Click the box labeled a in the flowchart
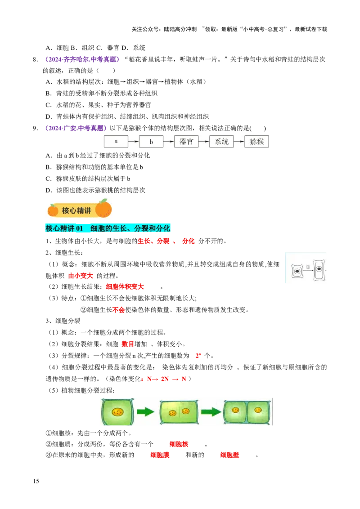point(116,141)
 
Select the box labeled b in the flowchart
point(151,141)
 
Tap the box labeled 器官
point(186,141)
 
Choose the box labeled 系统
point(221,141)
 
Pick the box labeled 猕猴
point(257,141)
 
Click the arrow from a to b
point(134,141)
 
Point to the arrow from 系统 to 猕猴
point(239,141)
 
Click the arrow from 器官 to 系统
point(204,141)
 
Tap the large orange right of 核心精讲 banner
point(104,208)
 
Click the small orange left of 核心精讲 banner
point(53,210)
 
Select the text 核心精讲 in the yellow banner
point(76,210)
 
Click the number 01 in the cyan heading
point(80,228)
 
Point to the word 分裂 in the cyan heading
point(140,228)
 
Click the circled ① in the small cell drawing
point(308,267)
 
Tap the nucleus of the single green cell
point(118,411)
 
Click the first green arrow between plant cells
point(145,411)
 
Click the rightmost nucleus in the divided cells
point(258,410)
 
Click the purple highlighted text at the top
point(82,59)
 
